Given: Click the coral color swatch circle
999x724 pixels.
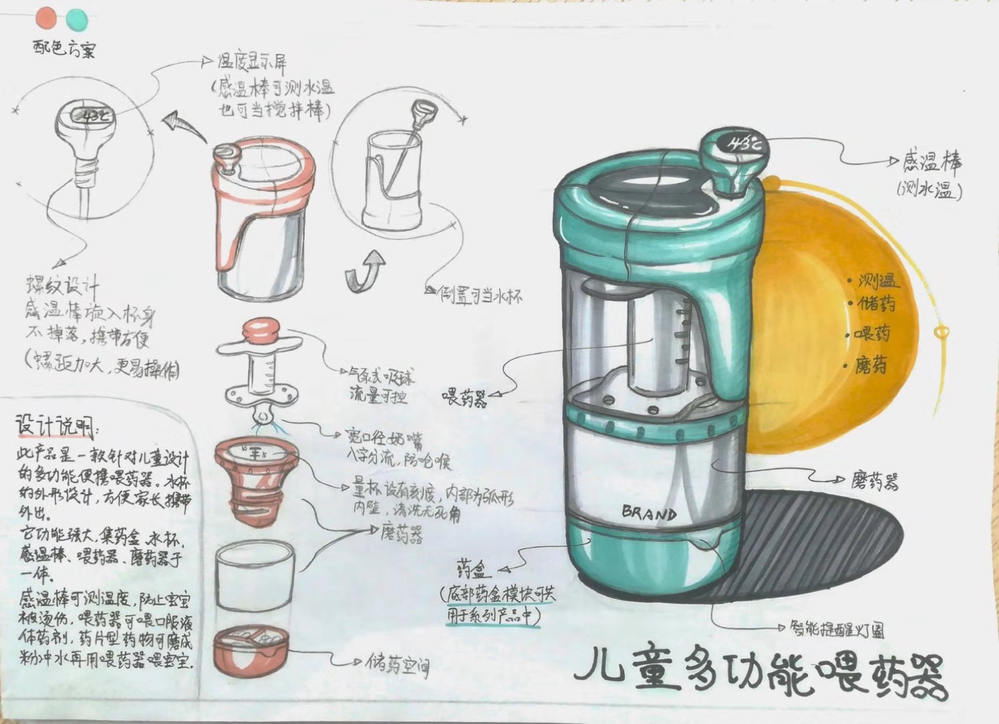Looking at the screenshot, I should coord(48,18).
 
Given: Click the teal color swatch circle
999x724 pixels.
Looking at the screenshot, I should coord(76,19).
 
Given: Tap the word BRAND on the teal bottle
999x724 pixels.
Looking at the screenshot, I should coord(649,514).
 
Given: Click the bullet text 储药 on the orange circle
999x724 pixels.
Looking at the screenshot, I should coord(876,304).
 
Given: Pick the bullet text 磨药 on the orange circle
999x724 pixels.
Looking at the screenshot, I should coord(871,365).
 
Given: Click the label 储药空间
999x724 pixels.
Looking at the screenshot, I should coord(398,664).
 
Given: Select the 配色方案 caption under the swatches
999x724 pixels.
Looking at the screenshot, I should coord(64,50).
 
